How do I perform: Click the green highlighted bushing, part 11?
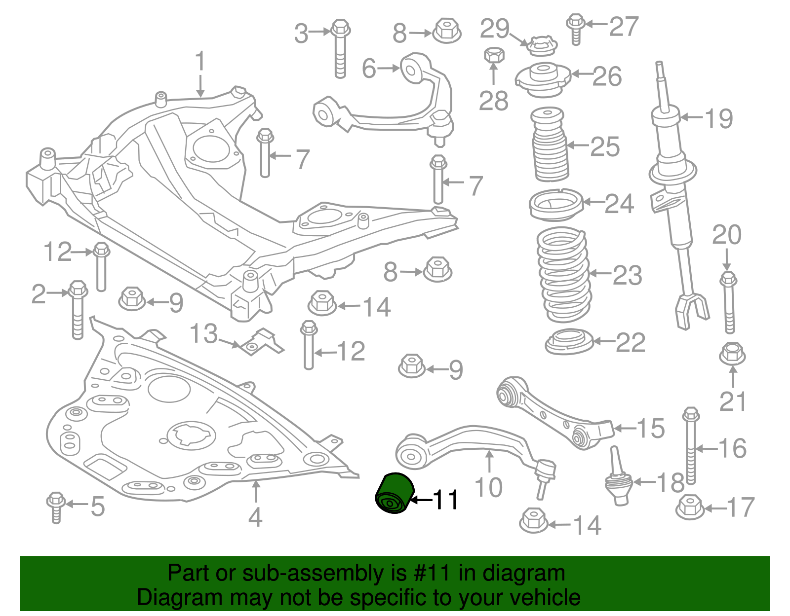click(395, 493)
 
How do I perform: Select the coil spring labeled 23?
click(564, 275)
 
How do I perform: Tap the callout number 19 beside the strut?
click(719, 118)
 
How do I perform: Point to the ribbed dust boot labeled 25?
click(549, 145)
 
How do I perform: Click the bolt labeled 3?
click(340, 49)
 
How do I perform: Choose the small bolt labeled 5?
click(56, 507)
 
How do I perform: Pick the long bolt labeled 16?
click(691, 445)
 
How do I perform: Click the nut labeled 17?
click(690, 507)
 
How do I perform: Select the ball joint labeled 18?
click(619, 476)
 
